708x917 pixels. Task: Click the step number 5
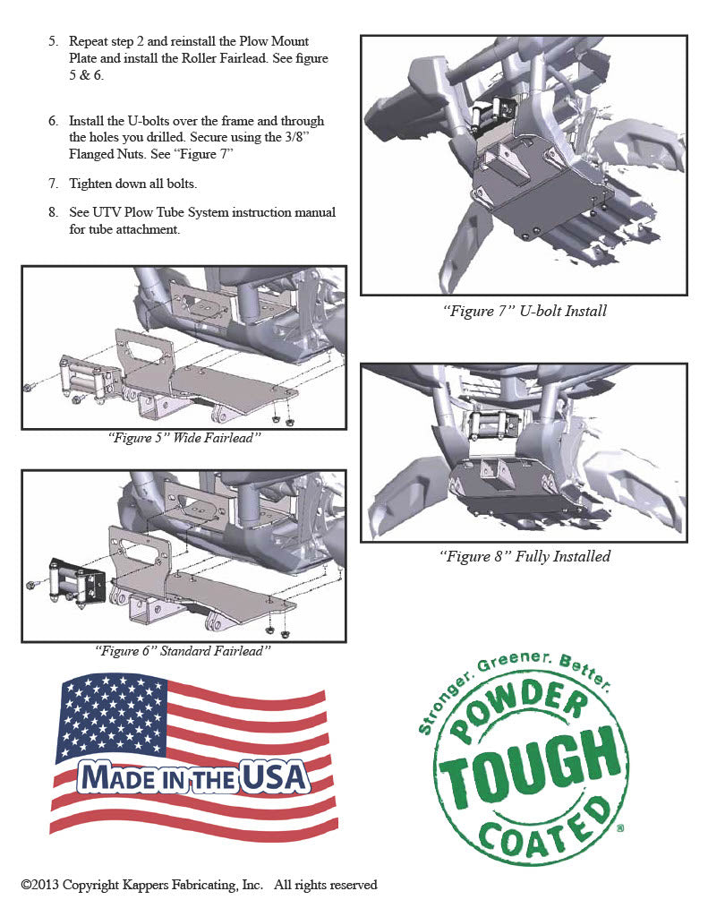53,42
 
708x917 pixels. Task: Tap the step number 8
53,213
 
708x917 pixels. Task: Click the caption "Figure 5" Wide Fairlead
183,438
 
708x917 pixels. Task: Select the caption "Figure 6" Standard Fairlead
183,651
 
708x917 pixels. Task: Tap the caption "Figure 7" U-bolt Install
525,311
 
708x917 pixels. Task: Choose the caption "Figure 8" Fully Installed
525,556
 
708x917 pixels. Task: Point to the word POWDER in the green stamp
518,717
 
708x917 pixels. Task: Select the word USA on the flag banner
276,777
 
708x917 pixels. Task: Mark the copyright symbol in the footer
26,886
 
